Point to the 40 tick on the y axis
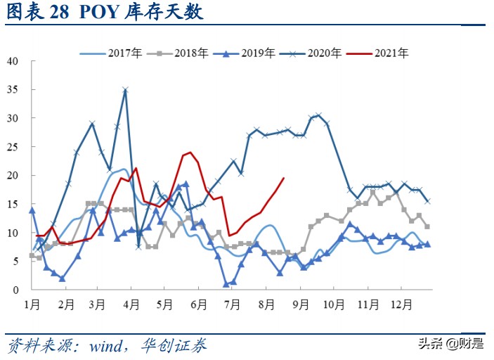click(12, 60)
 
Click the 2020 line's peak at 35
click(125, 90)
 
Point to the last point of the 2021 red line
click(283, 178)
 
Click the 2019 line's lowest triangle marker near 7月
click(226, 284)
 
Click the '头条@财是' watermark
click(451, 344)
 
